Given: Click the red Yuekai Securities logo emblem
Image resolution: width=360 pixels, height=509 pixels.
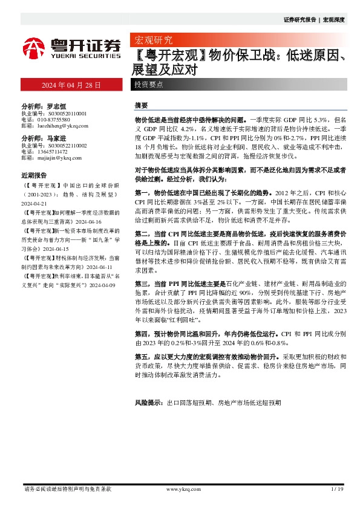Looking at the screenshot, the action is (x=34, y=47).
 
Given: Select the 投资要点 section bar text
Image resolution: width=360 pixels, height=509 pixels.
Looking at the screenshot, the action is (x=149, y=85).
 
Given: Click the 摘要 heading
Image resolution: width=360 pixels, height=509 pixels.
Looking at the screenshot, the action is (x=140, y=105).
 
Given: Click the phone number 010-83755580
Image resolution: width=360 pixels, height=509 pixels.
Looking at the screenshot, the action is (x=57, y=119).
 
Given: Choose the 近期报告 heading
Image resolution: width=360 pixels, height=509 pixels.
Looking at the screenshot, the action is (x=33, y=176).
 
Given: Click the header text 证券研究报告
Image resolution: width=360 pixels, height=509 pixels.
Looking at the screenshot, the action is (x=300, y=19).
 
